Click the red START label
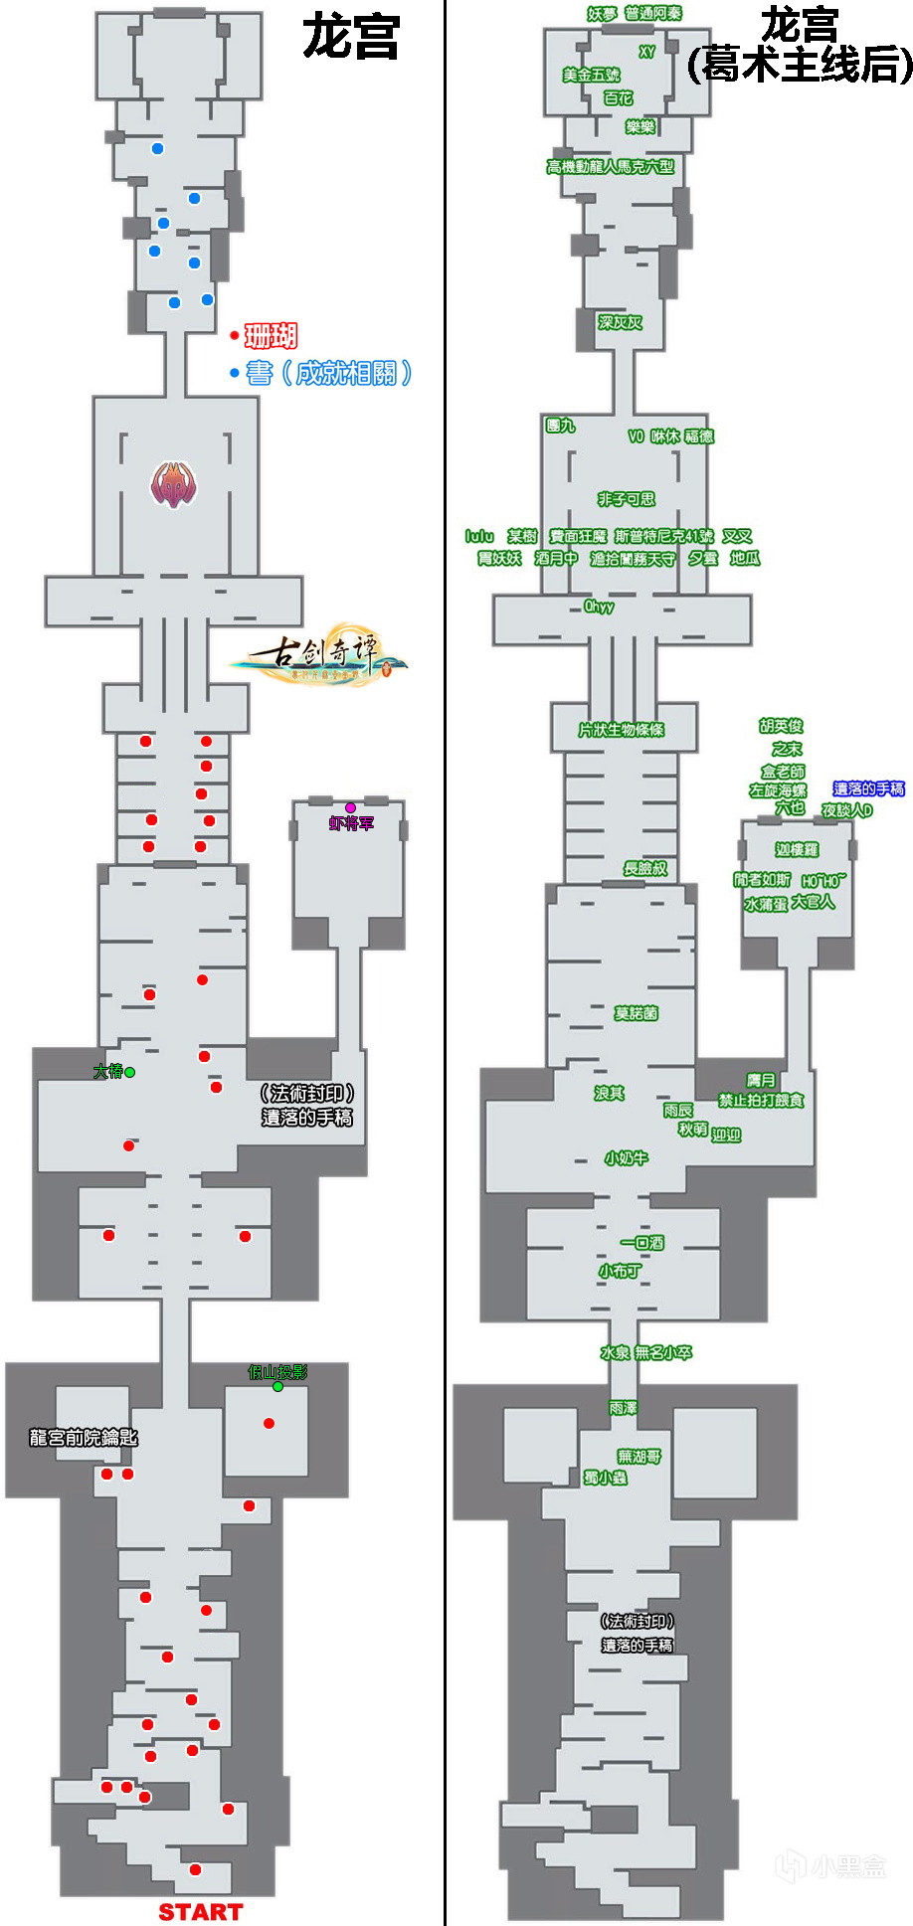(200, 1912)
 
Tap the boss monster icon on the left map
(173, 485)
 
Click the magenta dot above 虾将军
(350, 808)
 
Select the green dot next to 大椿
(129, 1072)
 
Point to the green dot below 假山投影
(277, 1386)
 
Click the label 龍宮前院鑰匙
(84, 1437)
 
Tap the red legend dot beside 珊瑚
(235, 336)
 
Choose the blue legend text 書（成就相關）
(329, 373)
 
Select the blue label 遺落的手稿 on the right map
(868, 788)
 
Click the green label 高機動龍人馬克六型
(610, 167)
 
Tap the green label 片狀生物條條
(621, 730)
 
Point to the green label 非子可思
(626, 499)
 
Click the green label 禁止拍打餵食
(761, 1100)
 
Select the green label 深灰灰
(620, 322)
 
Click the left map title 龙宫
(350, 38)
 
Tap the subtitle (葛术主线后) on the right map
(800, 66)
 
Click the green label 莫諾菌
(636, 1013)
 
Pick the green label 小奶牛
(626, 1158)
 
